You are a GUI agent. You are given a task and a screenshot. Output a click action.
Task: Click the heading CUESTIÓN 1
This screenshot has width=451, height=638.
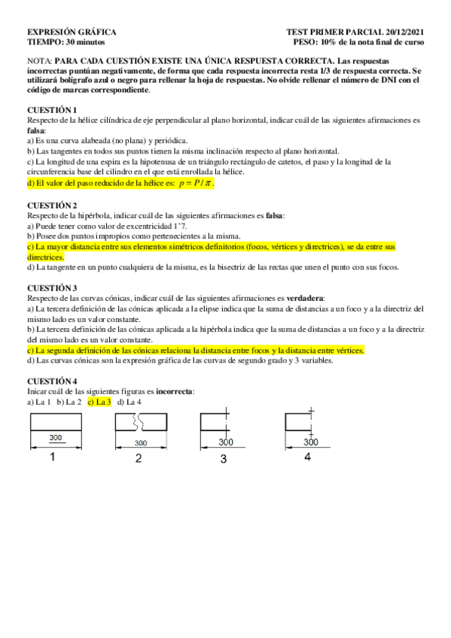[x=53, y=110]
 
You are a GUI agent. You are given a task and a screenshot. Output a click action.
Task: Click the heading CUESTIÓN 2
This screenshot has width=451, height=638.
[x=53, y=205]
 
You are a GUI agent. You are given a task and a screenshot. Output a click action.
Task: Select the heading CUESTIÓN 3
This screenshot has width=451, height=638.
[x=53, y=288]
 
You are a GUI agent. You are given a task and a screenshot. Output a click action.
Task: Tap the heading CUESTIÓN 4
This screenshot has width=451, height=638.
[x=53, y=381]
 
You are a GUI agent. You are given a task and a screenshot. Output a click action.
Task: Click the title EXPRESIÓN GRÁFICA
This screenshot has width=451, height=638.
[x=72, y=33]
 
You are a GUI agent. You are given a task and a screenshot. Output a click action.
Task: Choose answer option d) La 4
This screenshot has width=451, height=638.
[x=130, y=402]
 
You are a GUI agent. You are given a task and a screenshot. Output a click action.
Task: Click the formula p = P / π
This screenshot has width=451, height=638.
[x=194, y=183]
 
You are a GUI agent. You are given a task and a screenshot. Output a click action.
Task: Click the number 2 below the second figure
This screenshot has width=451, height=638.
[x=139, y=459]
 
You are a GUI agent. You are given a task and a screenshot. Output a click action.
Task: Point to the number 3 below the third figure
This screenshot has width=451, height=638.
[x=224, y=459]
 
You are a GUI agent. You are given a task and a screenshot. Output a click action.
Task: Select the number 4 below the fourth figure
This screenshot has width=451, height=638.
[x=307, y=457]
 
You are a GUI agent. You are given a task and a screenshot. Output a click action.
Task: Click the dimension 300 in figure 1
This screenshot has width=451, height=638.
[x=56, y=437]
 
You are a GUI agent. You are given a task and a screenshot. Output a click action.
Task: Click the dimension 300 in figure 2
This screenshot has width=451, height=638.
[x=140, y=442]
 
